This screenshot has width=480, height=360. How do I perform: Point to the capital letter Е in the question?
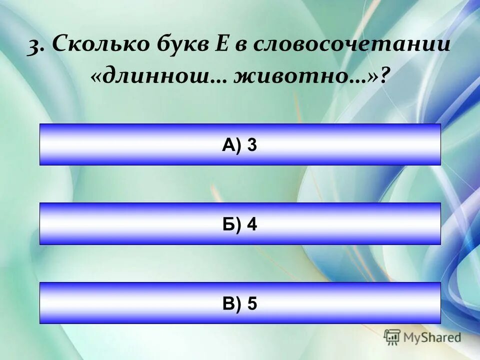tap(222, 45)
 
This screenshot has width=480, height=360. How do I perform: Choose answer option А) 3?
tap(240, 144)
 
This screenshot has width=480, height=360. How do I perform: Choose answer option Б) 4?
tap(240, 224)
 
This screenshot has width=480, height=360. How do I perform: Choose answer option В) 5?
tap(240, 303)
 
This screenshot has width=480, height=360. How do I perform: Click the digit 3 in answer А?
tap(252, 144)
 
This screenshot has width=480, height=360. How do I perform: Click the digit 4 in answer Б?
tap(252, 224)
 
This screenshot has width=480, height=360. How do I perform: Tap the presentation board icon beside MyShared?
tap(392, 337)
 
